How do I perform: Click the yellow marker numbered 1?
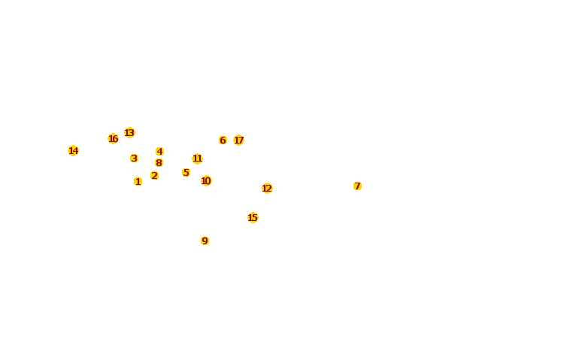pyautogui.click(x=138, y=181)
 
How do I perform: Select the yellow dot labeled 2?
pyautogui.click(x=154, y=175)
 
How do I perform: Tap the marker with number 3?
pyautogui.click(x=134, y=158)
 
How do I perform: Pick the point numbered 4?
pyautogui.click(x=159, y=151)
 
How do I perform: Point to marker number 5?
pyautogui.click(x=186, y=172)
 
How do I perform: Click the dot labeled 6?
pyautogui.click(x=223, y=140)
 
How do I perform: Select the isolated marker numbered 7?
pyautogui.click(x=357, y=186)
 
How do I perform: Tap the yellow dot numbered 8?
pyautogui.click(x=159, y=162)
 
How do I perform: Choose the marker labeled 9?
pyautogui.click(x=205, y=241)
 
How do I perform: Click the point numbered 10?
pyautogui.click(x=206, y=180)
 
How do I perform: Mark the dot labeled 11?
pyautogui.click(x=197, y=159)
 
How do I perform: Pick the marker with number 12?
pyautogui.click(x=267, y=188)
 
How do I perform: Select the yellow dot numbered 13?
pyautogui.click(x=129, y=132)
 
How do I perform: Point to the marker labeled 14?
pyautogui.click(x=73, y=150)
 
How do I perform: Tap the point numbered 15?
pyautogui.click(x=253, y=217)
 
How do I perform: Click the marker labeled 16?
pyautogui.click(x=113, y=138)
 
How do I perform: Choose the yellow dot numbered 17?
pyautogui.click(x=238, y=140)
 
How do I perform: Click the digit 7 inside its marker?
pyautogui.click(x=357, y=186)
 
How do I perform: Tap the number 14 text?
pyautogui.click(x=73, y=150)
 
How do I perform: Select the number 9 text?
pyautogui.click(x=205, y=241)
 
